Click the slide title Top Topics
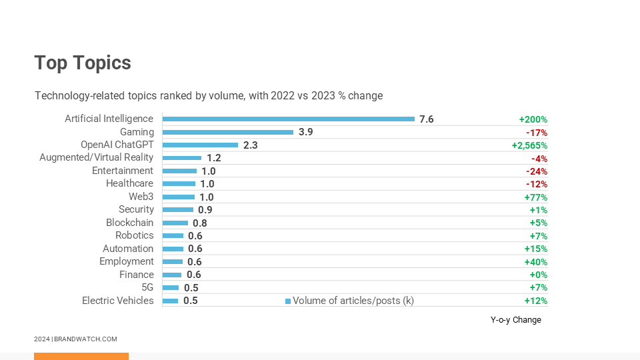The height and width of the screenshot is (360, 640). (83, 63)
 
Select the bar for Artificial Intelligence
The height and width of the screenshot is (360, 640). (288, 119)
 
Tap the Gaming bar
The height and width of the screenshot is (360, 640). (227, 132)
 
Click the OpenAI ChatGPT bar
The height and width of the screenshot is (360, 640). (200, 145)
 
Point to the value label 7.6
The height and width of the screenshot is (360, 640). (426, 119)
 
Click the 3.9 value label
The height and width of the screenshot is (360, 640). (305, 132)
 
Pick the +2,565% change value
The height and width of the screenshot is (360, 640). (529, 145)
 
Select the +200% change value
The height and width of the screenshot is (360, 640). (533, 119)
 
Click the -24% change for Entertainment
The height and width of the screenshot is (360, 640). (536, 171)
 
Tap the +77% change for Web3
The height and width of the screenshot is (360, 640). (535, 197)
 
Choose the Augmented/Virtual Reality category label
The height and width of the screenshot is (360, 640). (97, 157)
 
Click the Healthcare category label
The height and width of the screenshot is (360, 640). (129, 183)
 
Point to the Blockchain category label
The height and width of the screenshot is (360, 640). (129, 223)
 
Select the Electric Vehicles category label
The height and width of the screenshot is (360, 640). (117, 301)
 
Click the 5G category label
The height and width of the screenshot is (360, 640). (147, 287)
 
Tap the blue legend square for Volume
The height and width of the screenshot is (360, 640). (288, 301)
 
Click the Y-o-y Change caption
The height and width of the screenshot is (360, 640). (515, 320)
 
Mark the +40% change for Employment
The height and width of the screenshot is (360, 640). (535, 262)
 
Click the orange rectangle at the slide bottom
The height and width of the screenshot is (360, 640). (81, 356)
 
